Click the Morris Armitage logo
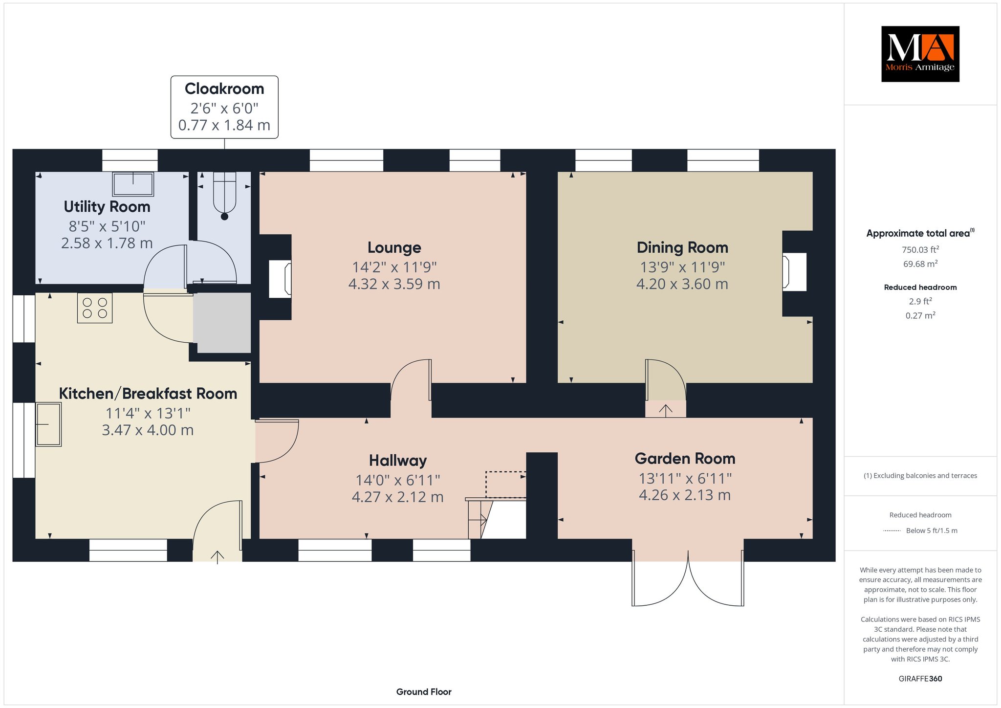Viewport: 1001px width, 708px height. tap(920, 54)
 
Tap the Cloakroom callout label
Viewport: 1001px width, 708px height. tap(224, 107)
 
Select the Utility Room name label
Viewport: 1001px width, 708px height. tap(107, 207)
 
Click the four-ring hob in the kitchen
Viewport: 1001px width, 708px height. tap(95, 308)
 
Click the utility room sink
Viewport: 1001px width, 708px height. tap(133, 184)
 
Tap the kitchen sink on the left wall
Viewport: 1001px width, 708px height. tap(48, 424)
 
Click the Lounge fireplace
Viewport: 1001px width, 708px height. tap(281, 279)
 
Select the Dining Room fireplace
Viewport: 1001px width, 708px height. tap(794, 271)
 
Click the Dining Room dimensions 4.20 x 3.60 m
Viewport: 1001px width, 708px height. tap(682, 284)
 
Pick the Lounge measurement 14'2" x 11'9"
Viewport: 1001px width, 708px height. tap(394, 267)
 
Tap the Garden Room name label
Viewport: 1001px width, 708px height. tap(685, 459)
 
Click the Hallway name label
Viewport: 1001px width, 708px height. tap(398, 461)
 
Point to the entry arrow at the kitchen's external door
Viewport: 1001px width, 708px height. tap(218, 556)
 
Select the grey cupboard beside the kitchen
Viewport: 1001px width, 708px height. tap(222, 323)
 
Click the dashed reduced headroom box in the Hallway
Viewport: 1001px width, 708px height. tap(505, 485)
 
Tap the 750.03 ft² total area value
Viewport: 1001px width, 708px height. tap(920, 249)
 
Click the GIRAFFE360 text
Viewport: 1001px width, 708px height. tap(920, 679)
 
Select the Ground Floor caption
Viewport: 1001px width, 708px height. tap(424, 692)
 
